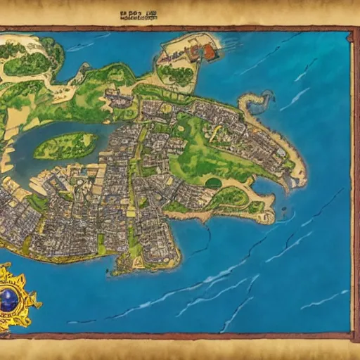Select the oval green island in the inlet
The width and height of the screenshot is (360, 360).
[65, 146]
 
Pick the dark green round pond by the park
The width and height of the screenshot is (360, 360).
[213, 183]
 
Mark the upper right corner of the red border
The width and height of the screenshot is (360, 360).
[352, 30]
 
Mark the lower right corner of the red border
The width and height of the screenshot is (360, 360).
[352, 331]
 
